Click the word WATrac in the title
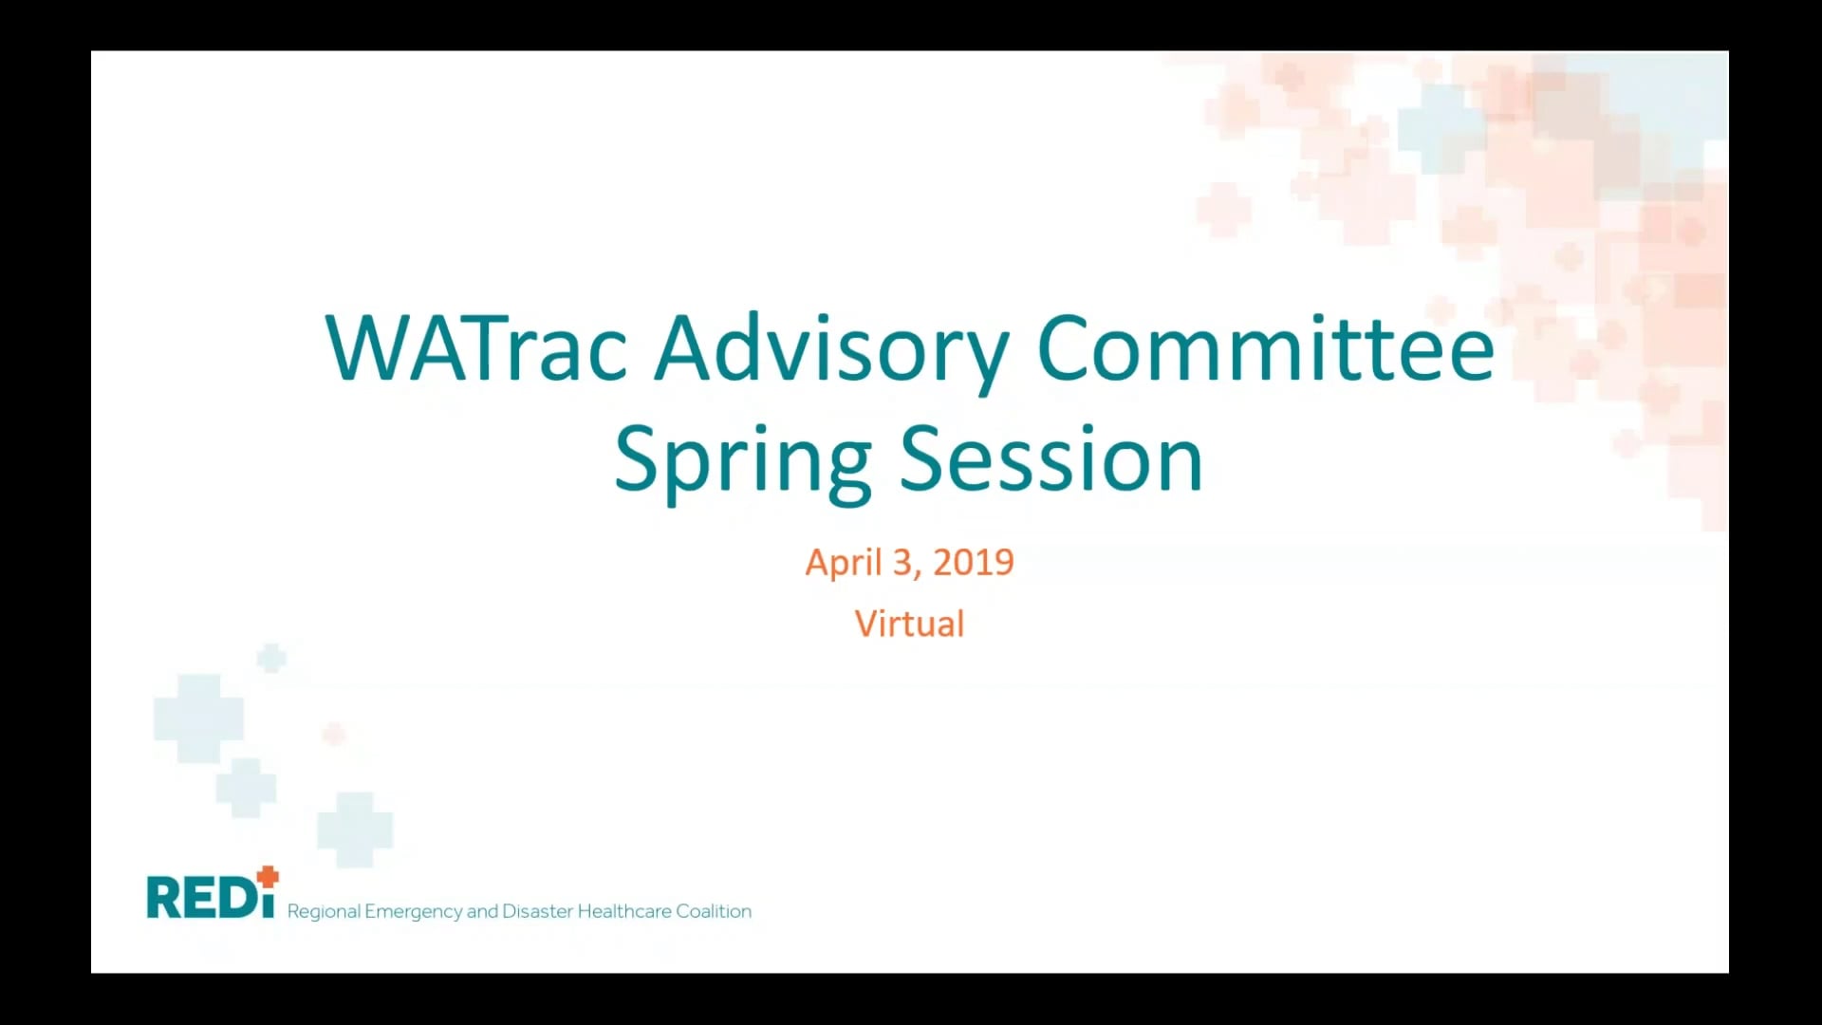coord(475,348)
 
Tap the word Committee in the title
coord(1266,348)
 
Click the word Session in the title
coord(1050,459)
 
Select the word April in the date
coord(844,563)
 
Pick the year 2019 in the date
coord(974,563)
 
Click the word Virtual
coord(909,624)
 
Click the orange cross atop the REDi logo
coord(269,876)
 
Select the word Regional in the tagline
coord(324,912)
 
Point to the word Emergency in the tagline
coord(413,912)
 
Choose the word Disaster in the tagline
coord(537,911)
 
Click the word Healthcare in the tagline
coord(624,911)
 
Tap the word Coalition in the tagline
coord(714,911)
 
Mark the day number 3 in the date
coord(902,563)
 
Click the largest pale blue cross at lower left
coord(198,717)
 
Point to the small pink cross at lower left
coord(334,733)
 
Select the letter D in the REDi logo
coord(234,898)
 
